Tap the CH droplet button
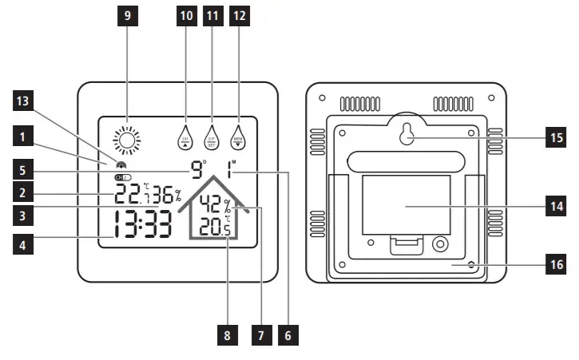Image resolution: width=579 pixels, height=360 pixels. (x=185, y=137)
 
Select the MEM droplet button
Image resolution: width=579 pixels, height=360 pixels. (x=238, y=137)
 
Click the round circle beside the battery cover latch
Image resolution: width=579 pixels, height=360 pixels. (x=438, y=242)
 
